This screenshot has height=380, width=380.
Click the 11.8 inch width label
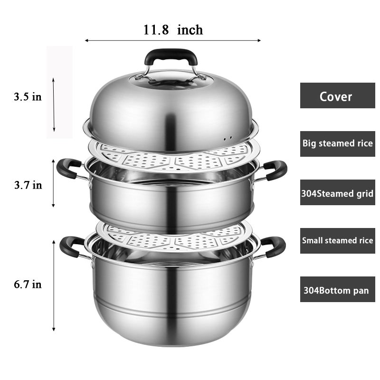[173, 30]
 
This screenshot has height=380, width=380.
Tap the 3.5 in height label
[27, 97]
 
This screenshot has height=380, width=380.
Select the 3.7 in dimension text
[27, 185]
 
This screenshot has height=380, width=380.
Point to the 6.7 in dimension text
[27, 285]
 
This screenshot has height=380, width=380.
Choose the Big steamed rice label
[337, 143]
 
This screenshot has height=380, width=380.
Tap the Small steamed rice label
[337, 240]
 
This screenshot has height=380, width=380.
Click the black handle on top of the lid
[171, 56]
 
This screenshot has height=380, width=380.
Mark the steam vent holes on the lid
[228, 138]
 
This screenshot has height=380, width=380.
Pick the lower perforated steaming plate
[173, 237]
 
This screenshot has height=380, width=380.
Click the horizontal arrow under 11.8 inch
[173, 41]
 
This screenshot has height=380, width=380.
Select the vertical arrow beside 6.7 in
[54, 285]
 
